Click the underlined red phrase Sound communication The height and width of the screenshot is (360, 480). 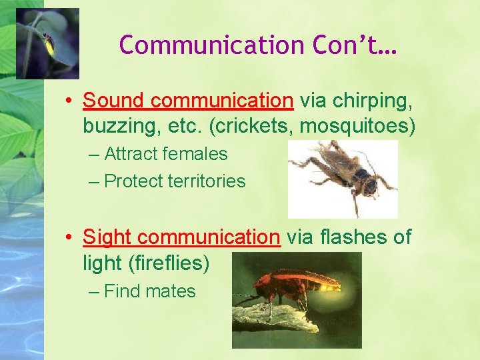pos(188,101)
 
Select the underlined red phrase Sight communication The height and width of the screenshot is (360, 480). pos(181,237)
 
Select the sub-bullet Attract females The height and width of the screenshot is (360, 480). pos(166,154)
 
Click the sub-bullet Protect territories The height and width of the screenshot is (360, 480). pos(175,181)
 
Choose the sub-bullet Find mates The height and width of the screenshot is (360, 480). pos(150,291)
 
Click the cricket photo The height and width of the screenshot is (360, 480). pos(343,179)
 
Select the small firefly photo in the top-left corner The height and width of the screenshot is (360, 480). pos(47,43)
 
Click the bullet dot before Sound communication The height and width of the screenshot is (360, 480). pos(69,101)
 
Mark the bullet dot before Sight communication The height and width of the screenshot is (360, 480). pos(69,237)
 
